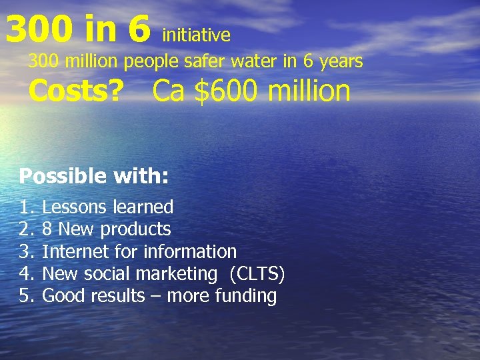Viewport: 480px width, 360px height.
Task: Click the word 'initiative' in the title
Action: tap(196, 35)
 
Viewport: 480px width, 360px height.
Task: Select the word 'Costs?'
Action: tap(76, 91)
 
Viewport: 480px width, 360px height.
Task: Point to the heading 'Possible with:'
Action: tap(93, 176)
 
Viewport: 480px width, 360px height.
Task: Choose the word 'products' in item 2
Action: tap(135, 229)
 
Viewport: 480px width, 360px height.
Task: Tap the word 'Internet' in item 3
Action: tap(72, 251)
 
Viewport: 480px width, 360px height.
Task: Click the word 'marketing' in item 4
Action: tap(175, 274)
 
